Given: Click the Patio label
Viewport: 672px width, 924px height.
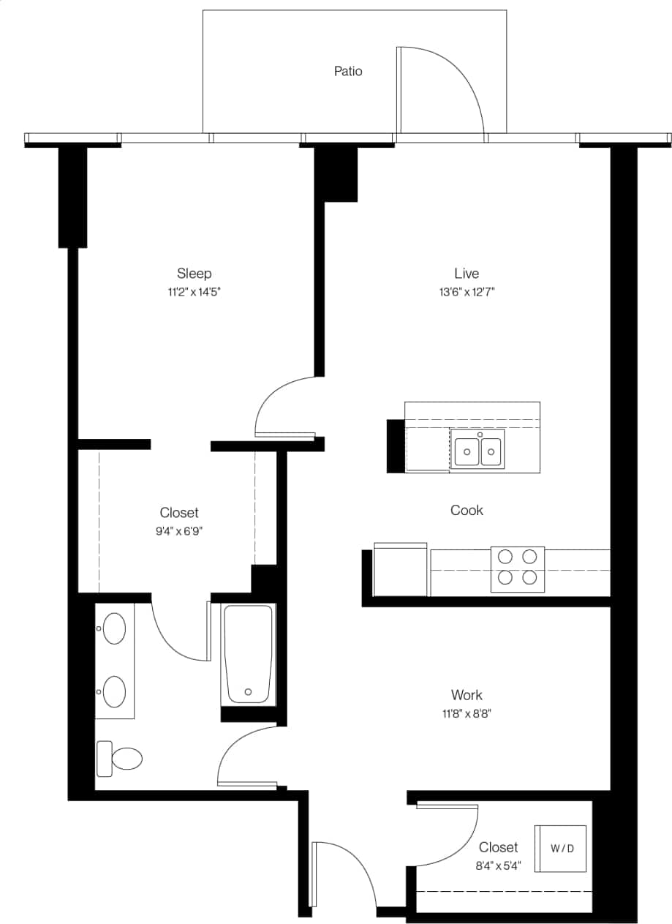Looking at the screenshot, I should click(348, 72).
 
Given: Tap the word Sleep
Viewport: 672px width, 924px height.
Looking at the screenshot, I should click(194, 274).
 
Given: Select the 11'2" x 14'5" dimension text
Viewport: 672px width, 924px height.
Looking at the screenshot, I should click(194, 293).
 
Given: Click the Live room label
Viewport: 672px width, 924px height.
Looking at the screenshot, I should click(467, 274).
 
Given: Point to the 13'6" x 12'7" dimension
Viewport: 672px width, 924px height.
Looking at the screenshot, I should click(467, 293).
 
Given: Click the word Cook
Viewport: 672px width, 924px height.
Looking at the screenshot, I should click(467, 511).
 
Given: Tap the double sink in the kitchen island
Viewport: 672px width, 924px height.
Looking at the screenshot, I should click(478, 451).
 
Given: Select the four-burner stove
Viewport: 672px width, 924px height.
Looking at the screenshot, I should click(517, 568).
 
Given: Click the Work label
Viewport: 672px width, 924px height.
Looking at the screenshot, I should click(467, 695).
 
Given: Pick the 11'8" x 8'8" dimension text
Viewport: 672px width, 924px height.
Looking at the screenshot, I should click(467, 714).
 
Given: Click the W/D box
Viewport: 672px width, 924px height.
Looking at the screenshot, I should click(562, 849).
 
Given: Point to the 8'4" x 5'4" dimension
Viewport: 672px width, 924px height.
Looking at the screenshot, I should click(498, 866).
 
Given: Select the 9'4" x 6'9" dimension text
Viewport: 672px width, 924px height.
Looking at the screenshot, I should click(179, 532).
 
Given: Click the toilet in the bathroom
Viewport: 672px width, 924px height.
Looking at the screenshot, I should click(121, 759).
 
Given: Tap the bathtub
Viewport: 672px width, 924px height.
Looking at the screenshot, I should click(249, 653).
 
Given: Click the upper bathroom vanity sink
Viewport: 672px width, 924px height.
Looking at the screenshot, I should click(114, 628).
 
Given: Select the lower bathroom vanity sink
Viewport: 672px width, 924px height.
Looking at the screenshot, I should click(114, 691).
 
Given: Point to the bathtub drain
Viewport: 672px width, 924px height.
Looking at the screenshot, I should click(249, 691).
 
